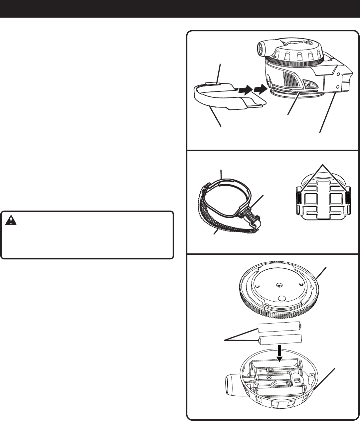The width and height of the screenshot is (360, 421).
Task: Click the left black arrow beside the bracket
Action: (244, 89)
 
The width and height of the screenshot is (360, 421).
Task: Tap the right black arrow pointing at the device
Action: (260, 89)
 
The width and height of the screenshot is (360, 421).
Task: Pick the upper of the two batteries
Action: (280, 328)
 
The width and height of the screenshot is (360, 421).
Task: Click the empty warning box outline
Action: (87, 234)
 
